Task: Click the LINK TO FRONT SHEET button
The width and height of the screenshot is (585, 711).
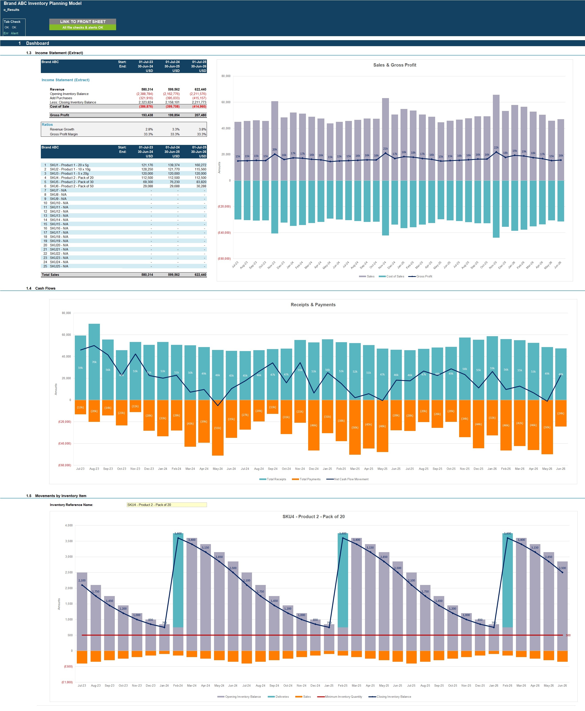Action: (x=83, y=22)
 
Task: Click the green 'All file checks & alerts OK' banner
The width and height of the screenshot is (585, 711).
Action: (x=83, y=28)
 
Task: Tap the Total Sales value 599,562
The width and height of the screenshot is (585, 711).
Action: (x=174, y=275)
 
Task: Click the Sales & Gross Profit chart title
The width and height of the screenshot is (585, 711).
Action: (x=394, y=65)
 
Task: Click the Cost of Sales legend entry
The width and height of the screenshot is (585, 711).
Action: (x=395, y=276)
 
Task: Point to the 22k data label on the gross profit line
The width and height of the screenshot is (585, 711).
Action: (x=496, y=148)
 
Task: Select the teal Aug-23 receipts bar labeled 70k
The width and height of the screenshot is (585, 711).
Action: (x=94, y=362)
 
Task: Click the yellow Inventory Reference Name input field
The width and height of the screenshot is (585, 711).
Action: (x=167, y=505)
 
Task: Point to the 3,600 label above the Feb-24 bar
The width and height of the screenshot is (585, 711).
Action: (x=178, y=533)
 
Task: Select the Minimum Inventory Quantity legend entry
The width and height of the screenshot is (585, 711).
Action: (x=343, y=697)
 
